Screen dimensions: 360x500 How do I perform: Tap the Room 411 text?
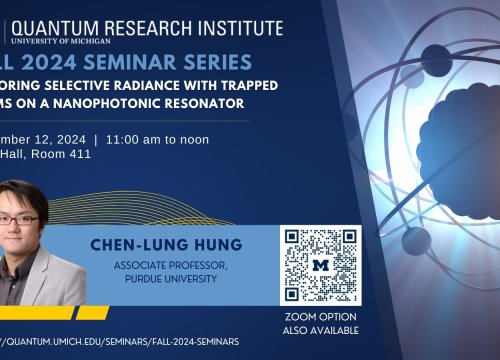tap(70, 157)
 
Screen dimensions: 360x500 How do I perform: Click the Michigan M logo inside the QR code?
tap(321, 265)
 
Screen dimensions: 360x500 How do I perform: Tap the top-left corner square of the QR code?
tap(295, 239)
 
